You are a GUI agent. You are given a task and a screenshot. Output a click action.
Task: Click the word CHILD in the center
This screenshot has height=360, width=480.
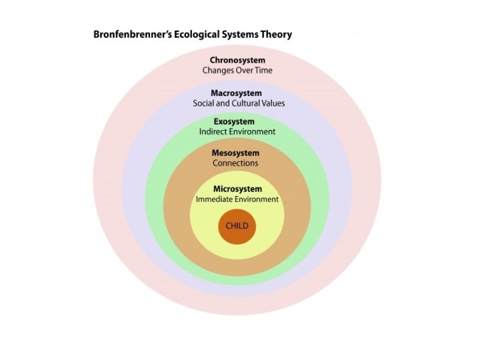(x=237, y=226)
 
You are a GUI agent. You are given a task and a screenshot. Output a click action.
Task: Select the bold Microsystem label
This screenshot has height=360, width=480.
(x=237, y=189)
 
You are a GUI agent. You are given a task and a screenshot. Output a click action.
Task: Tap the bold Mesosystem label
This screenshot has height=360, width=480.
(x=235, y=153)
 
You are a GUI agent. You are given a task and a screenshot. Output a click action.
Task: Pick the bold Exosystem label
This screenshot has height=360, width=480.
(x=234, y=122)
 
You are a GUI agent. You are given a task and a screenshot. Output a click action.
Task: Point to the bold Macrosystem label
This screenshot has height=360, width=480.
(x=237, y=93)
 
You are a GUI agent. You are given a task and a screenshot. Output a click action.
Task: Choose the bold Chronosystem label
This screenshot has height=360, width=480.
(x=237, y=60)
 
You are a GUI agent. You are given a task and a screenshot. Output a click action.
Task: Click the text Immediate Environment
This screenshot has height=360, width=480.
(x=237, y=199)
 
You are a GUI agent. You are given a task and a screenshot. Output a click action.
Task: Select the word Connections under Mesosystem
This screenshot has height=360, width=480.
(x=235, y=163)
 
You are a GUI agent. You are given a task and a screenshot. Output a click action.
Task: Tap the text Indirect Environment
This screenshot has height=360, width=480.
(x=237, y=132)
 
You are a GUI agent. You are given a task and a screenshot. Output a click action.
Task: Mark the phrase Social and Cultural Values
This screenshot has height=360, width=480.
(x=238, y=103)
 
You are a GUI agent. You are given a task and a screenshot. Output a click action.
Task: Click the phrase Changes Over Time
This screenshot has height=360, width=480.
(x=237, y=70)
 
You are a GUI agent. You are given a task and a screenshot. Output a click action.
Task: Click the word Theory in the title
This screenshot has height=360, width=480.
(x=275, y=34)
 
